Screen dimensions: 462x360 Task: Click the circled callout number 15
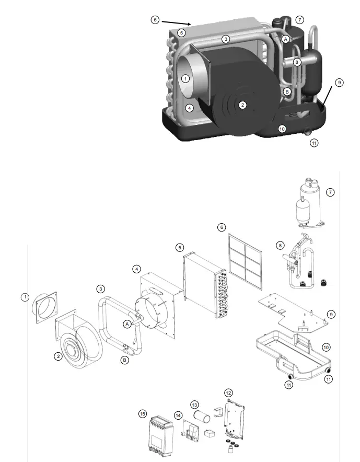click(x=142, y=413)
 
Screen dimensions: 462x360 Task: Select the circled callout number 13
click(x=194, y=405)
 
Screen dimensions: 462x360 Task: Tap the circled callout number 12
click(x=228, y=392)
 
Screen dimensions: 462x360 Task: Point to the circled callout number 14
click(x=178, y=415)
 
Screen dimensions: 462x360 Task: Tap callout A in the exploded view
click(x=127, y=324)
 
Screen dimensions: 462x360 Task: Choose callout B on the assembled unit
click(x=286, y=91)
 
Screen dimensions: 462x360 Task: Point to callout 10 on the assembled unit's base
click(x=282, y=129)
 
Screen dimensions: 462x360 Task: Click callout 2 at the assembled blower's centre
click(x=242, y=105)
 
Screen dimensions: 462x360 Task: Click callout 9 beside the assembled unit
click(x=339, y=83)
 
